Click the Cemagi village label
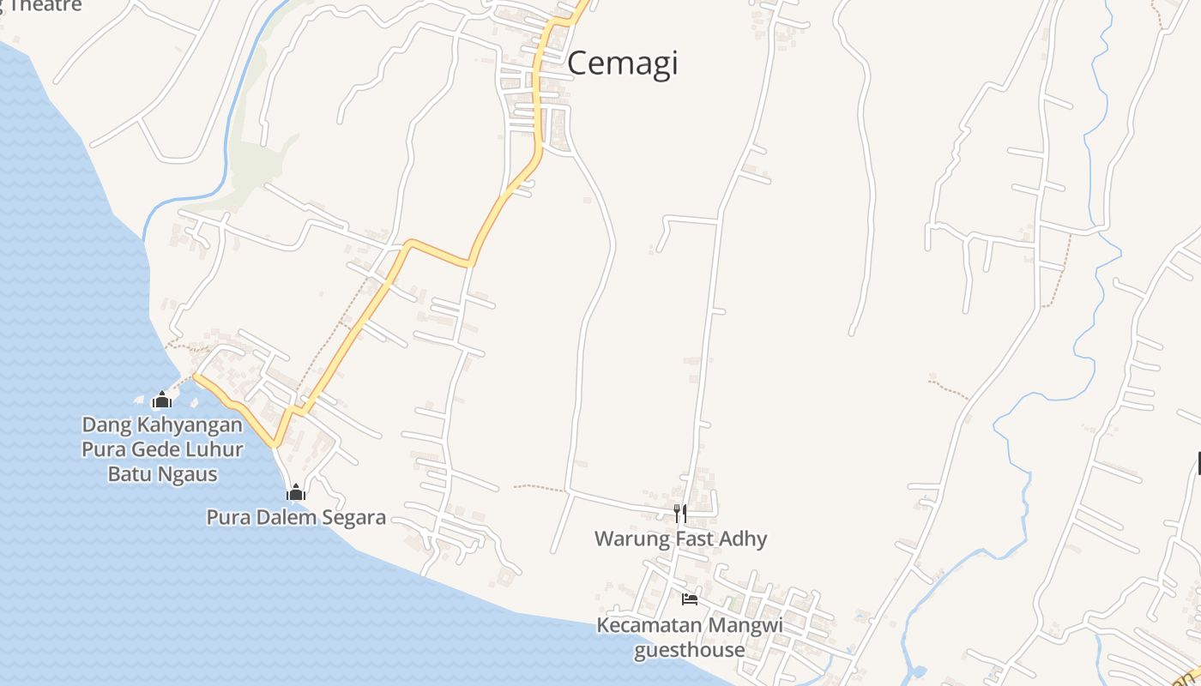(x=622, y=63)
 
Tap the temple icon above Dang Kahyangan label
(x=161, y=400)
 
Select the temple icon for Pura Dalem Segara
(x=296, y=492)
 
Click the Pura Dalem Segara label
(x=296, y=517)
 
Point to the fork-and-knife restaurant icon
(x=679, y=514)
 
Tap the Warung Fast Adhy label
(x=680, y=539)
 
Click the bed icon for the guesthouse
(x=689, y=599)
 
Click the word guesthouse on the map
(x=689, y=649)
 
